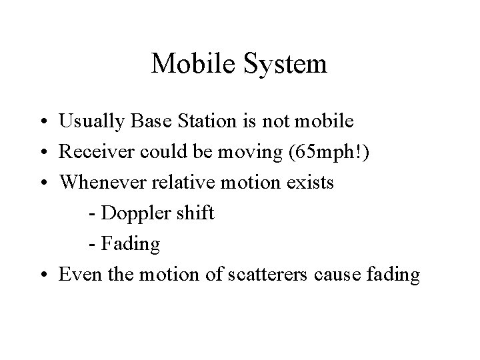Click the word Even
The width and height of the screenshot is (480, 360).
76,275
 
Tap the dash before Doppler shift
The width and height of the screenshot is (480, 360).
91,215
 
